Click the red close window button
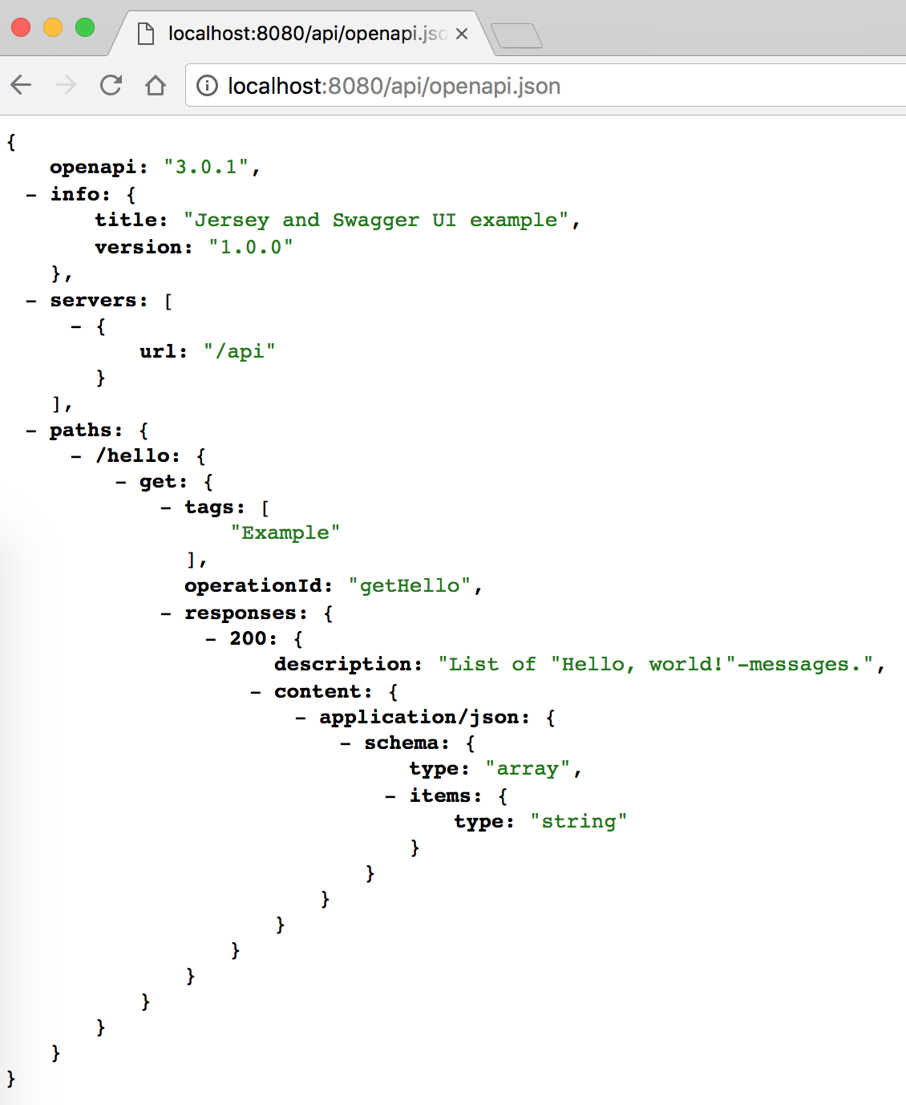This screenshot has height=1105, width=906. [21, 28]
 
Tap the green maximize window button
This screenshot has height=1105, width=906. [85, 28]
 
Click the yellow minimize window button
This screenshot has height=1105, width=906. [53, 28]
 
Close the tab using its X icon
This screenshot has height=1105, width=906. [462, 34]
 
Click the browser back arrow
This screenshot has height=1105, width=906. [22, 85]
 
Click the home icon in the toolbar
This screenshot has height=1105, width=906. [156, 85]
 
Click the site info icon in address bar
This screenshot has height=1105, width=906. [207, 86]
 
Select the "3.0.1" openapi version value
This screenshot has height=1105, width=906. [206, 167]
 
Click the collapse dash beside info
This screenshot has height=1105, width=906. [31, 194]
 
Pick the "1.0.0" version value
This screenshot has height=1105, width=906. [251, 247]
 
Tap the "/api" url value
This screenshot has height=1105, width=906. [240, 351]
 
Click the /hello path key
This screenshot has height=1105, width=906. [137, 455]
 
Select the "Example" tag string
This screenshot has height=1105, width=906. [285, 532]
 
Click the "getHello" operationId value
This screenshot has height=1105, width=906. [410, 585]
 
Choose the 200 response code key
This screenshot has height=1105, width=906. [248, 638]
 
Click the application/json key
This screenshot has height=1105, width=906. [423, 717]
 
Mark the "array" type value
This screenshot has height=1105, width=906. [528, 768]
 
